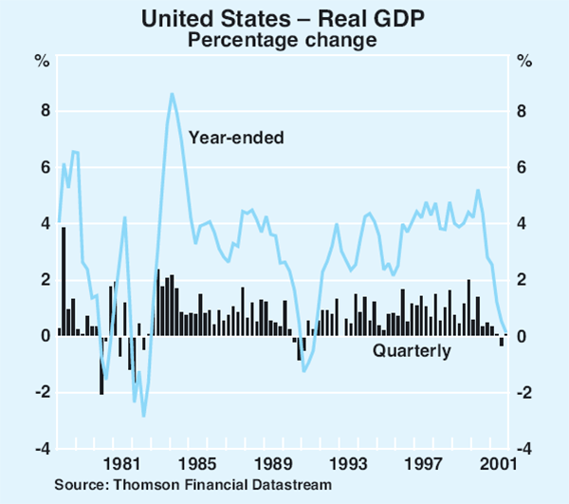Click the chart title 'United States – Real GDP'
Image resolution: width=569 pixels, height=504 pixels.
[284, 18]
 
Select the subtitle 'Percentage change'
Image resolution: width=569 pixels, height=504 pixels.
[284, 40]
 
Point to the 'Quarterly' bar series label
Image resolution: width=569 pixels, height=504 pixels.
[412, 352]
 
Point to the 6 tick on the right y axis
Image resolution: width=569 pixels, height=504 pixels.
[524, 168]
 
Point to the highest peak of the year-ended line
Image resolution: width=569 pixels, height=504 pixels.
[172, 93]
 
